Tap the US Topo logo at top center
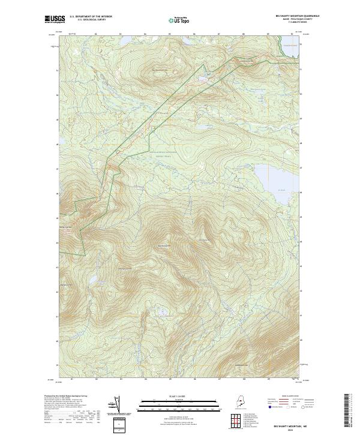(180, 20)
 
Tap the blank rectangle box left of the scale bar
(119, 425)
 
